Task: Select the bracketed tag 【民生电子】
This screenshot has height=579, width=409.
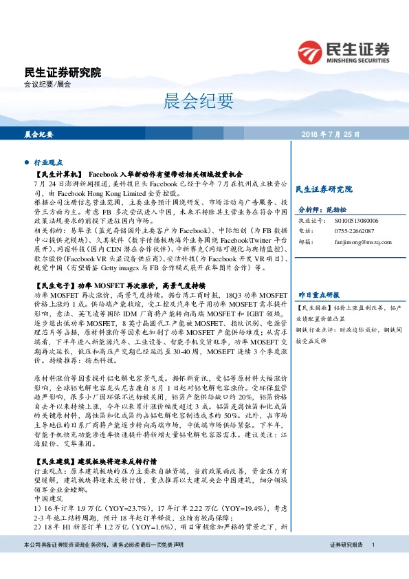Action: [54, 284]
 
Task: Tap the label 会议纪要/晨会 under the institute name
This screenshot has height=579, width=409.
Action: [47, 85]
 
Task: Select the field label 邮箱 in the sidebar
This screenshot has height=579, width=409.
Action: [303, 242]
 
